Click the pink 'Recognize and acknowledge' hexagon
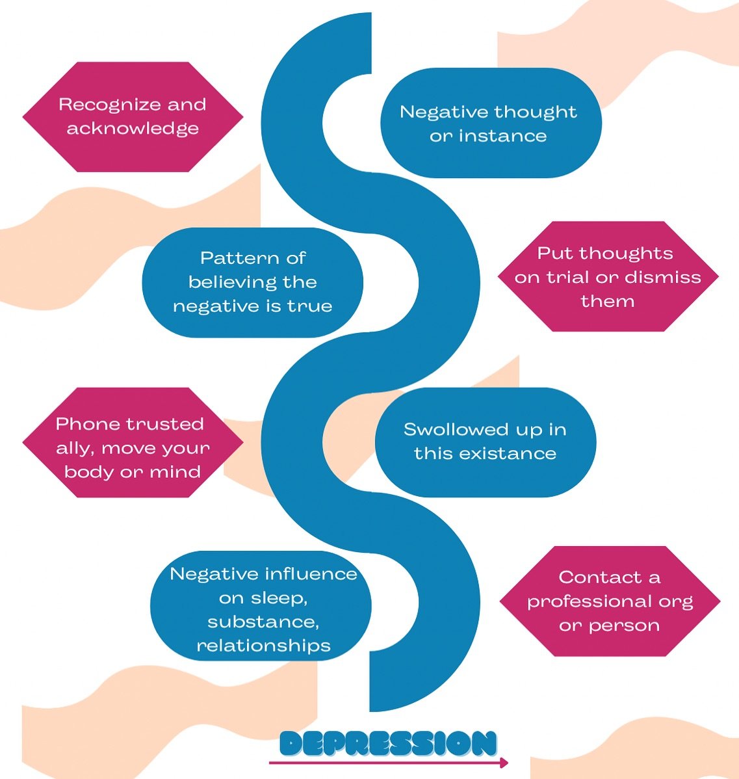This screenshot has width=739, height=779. (x=133, y=117)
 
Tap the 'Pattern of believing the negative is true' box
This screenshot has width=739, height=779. (x=252, y=282)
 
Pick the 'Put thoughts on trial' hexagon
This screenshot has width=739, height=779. (x=608, y=276)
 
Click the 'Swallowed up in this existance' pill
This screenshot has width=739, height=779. (x=485, y=442)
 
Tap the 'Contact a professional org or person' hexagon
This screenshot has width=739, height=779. (x=610, y=601)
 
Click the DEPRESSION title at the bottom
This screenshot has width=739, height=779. (x=388, y=743)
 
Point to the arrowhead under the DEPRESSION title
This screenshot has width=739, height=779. (x=504, y=762)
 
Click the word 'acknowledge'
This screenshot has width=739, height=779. (x=133, y=129)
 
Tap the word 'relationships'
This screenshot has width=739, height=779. (x=264, y=646)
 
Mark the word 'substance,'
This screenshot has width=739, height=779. (x=263, y=622)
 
